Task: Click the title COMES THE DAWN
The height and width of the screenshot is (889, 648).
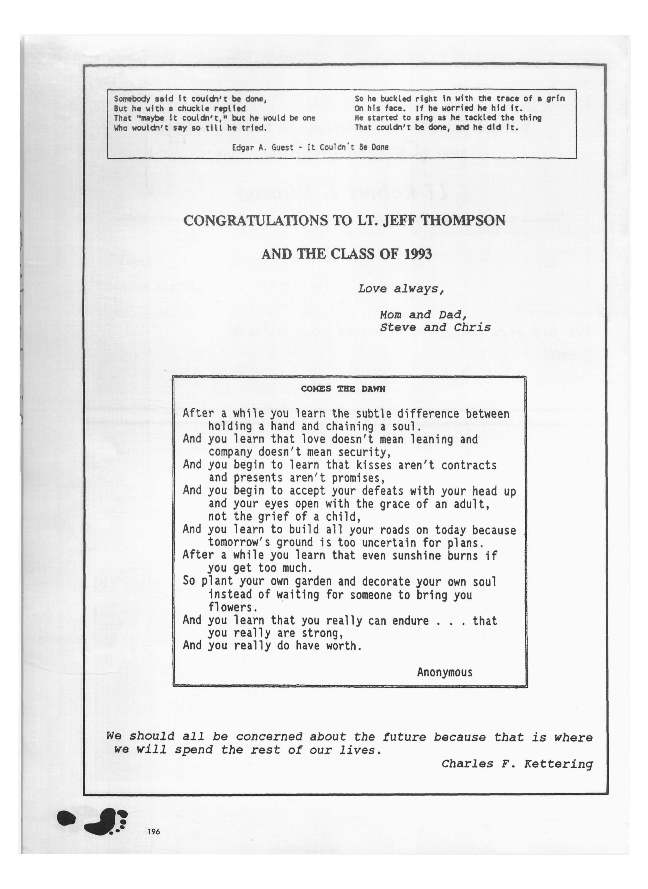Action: click(343, 389)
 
